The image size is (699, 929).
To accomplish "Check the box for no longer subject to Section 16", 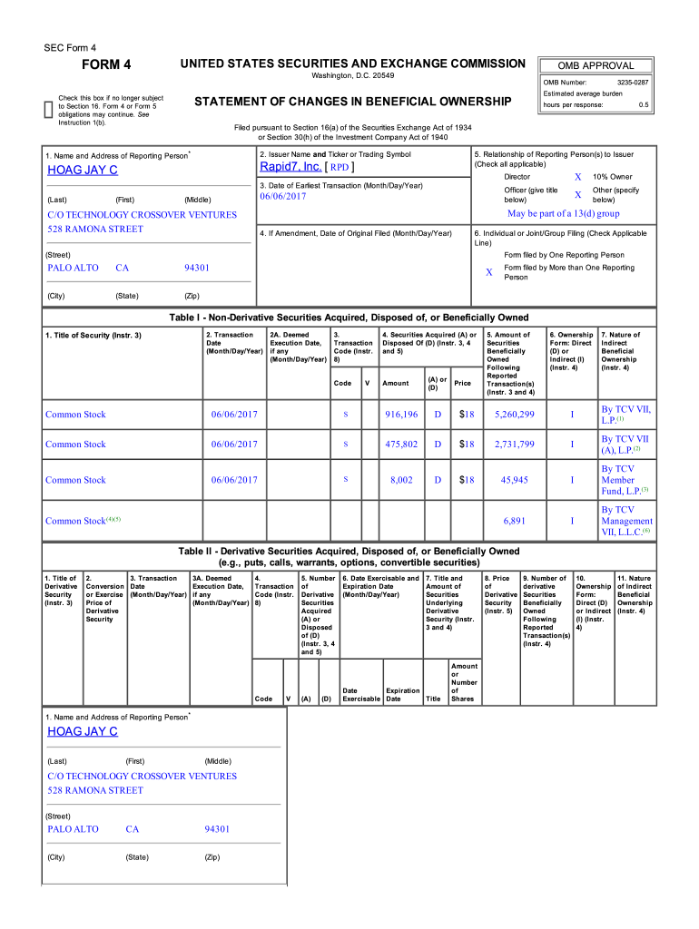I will [x=50, y=110].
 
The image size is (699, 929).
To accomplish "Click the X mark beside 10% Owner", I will [x=577, y=177].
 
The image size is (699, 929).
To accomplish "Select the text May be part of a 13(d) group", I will [x=563, y=214].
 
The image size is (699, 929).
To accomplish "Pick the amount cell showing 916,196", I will [x=400, y=415].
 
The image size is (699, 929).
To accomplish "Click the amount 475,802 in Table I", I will [x=400, y=445].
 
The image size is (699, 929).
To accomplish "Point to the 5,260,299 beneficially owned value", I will [x=514, y=415].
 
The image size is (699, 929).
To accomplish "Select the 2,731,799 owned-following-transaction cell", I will [x=514, y=445].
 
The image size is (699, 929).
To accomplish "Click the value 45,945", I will [x=514, y=480].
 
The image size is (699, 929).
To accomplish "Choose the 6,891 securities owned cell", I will [x=514, y=522].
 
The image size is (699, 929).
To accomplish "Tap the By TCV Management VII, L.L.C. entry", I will [x=625, y=522].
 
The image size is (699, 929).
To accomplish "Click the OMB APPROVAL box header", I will [x=596, y=65].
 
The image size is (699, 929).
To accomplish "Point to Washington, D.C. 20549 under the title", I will [x=353, y=79].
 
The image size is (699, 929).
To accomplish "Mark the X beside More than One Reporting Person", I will [x=488, y=272].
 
